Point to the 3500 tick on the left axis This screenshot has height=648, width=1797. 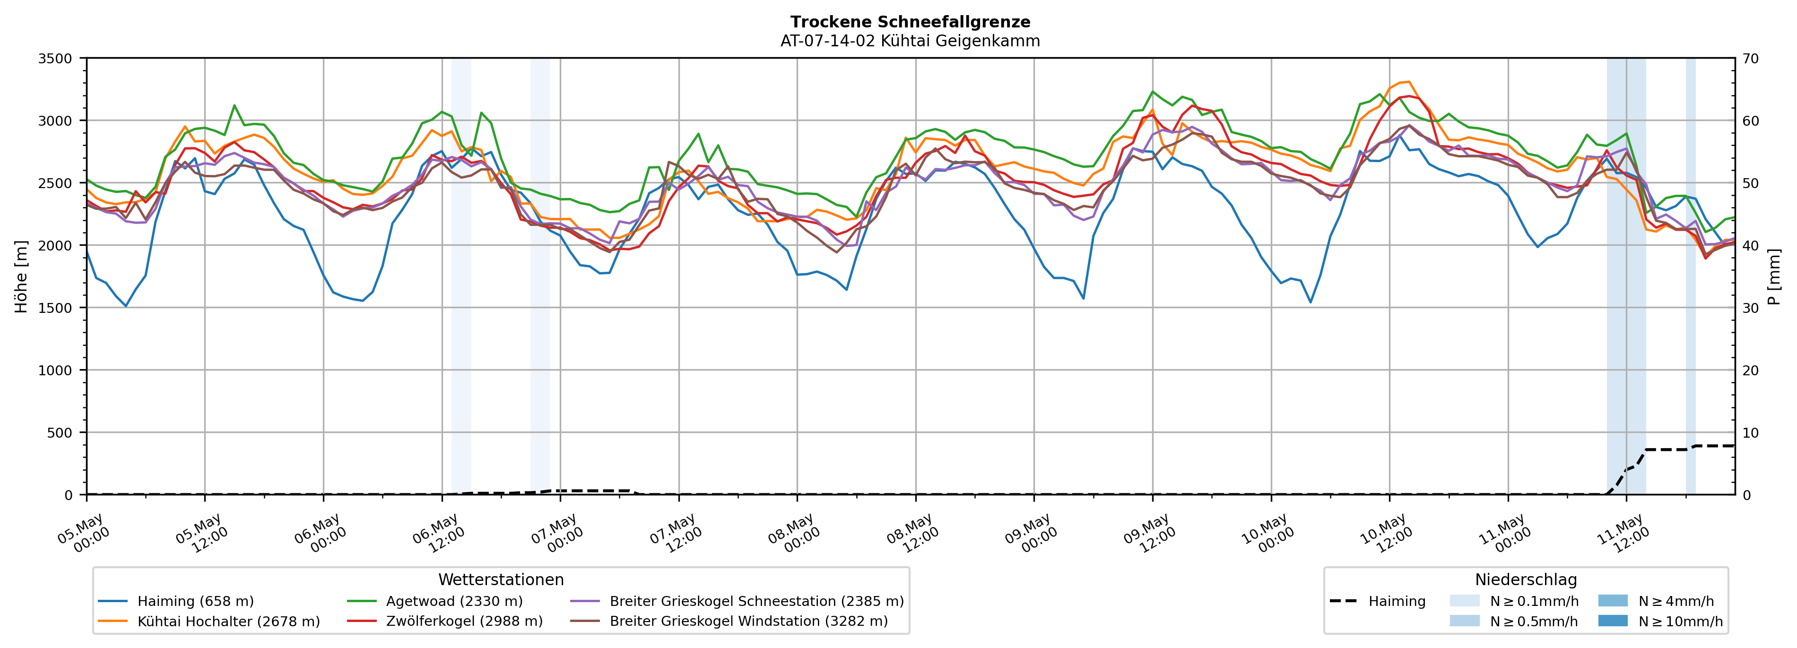click(x=55, y=59)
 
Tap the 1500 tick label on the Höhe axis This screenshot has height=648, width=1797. click(x=55, y=308)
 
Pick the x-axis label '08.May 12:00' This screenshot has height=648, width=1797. click(x=914, y=536)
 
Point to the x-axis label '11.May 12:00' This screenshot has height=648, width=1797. click(x=1624, y=536)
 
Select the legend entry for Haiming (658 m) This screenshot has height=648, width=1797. click(x=176, y=601)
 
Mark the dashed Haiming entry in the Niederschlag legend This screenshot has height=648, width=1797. click(x=1378, y=601)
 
